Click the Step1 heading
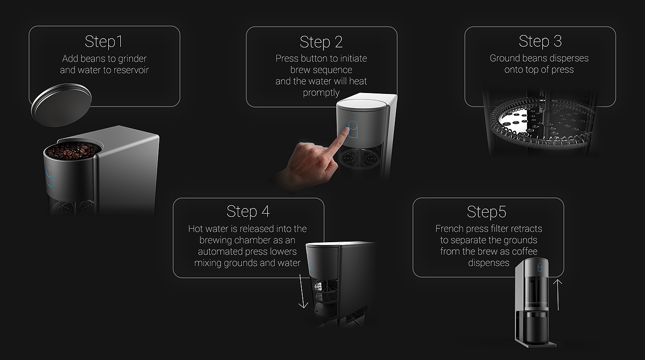tap(104, 41)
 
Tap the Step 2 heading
tap(321, 42)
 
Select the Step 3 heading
tap(540, 41)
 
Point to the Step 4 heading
tap(248, 211)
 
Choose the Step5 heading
tap(487, 212)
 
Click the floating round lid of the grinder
tap(61, 105)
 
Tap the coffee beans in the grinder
tap(74, 150)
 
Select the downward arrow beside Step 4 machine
tap(302, 291)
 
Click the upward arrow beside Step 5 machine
tap(558, 295)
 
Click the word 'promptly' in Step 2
tap(321, 93)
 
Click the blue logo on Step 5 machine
tap(540, 267)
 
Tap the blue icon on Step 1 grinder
tap(49, 177)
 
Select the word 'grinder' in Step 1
tap(132, 59)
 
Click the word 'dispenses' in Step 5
tap(489, 263)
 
